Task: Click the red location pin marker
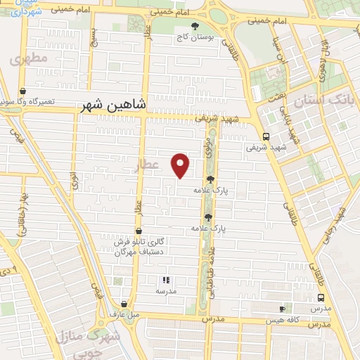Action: (181, 164)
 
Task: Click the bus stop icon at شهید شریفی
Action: (265, 137)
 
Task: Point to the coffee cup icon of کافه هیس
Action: (282, 308)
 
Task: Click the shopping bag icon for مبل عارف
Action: (124, 304)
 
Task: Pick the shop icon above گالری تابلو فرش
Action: (138, 231)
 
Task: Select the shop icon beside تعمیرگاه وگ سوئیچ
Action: (23, 91)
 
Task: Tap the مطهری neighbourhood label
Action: (30, 59)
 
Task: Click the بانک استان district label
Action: (330, 100)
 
